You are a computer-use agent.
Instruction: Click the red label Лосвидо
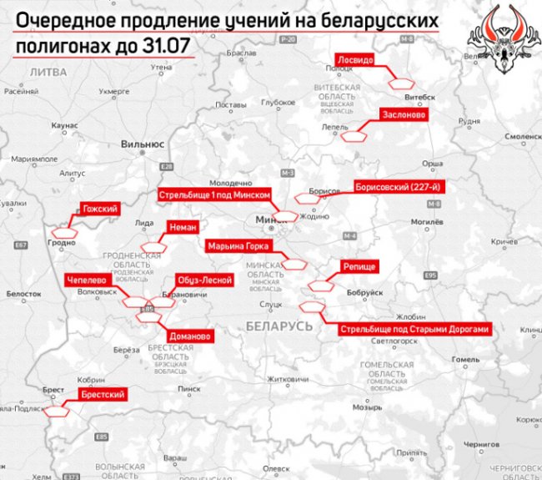click(x=360, y=60)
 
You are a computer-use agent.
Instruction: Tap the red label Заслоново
click(x=403, y=114)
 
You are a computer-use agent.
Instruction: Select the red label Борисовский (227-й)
click(x=402, y=186)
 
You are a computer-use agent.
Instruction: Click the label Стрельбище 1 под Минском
click(x=214, y=194)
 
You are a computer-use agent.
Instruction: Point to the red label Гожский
click(x=99, y=209)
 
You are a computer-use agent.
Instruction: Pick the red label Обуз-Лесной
click(x=203, y=281)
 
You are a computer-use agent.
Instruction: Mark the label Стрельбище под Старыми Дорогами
click(x=414, y=330)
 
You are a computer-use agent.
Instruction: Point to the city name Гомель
click(x=465, y=360)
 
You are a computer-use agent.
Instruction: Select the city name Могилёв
click(x=424, y=224)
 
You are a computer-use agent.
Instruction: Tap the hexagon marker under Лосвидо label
click(x=402, y=82)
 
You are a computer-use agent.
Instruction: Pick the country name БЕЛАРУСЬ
click(x=279, y=324)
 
